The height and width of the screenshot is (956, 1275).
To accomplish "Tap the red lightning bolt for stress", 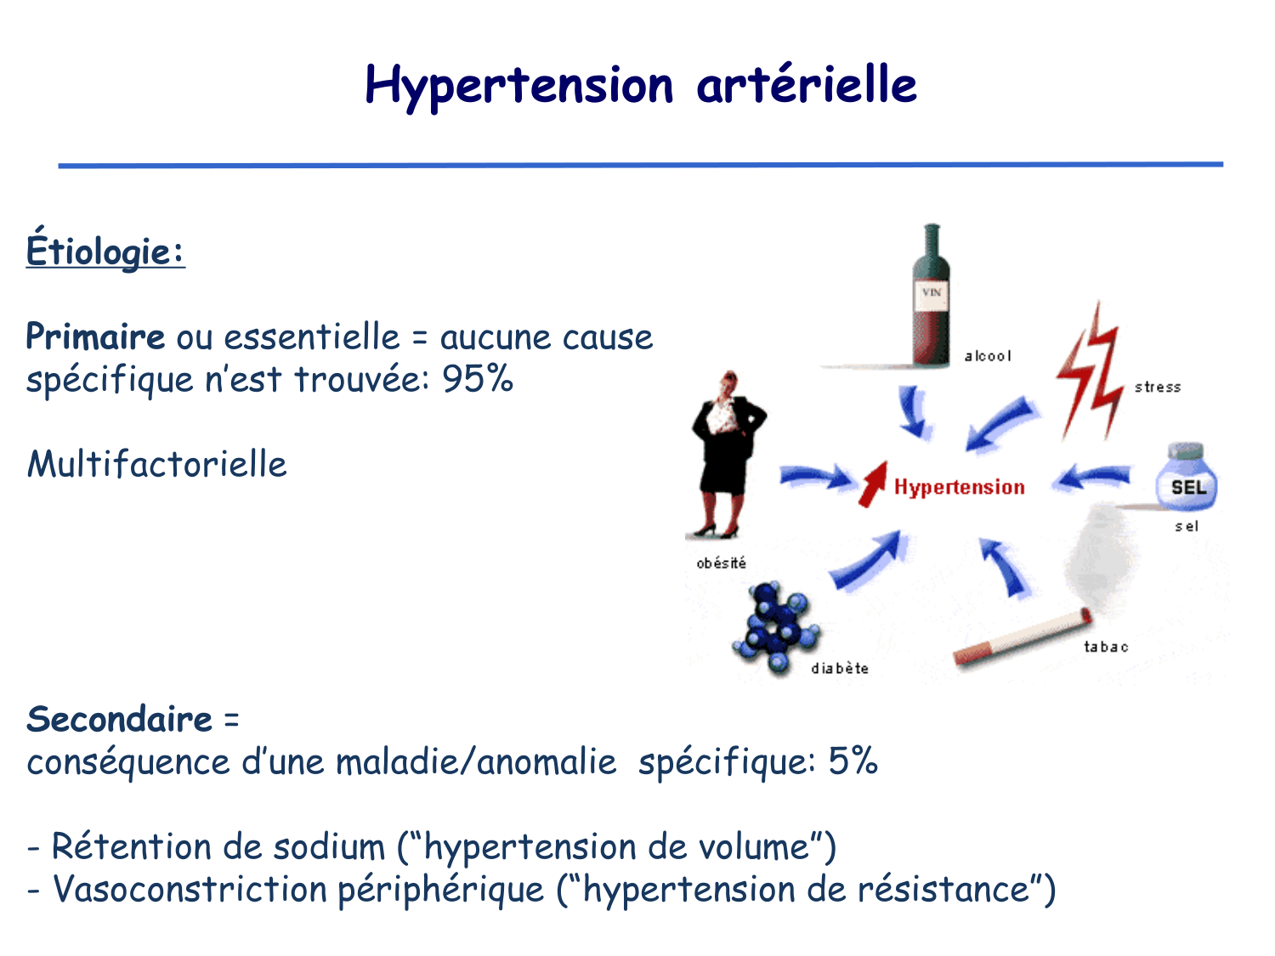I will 1090,374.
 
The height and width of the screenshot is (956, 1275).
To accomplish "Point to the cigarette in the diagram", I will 1020,637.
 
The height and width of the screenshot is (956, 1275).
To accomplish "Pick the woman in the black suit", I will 727,450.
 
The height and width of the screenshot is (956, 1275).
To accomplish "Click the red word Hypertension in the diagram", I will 959,487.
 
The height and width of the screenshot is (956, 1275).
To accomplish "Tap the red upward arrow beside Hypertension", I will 872,484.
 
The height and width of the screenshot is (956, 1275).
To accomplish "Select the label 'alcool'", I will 988,356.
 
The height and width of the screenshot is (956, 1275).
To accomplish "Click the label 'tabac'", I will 1106,647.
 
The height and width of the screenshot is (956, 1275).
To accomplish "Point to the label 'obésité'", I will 721,563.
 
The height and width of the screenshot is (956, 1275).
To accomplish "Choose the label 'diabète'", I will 840,669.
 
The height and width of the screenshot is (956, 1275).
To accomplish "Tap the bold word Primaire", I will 95,337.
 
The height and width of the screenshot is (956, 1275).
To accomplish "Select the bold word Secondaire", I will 119,720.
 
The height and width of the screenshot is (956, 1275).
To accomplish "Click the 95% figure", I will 478,379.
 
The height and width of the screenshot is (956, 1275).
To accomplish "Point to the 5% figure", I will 853,761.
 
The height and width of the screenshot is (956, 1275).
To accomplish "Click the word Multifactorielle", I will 157,465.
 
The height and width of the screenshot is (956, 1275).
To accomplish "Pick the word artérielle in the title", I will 806,85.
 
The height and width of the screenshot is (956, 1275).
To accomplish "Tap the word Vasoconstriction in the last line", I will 190,890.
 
